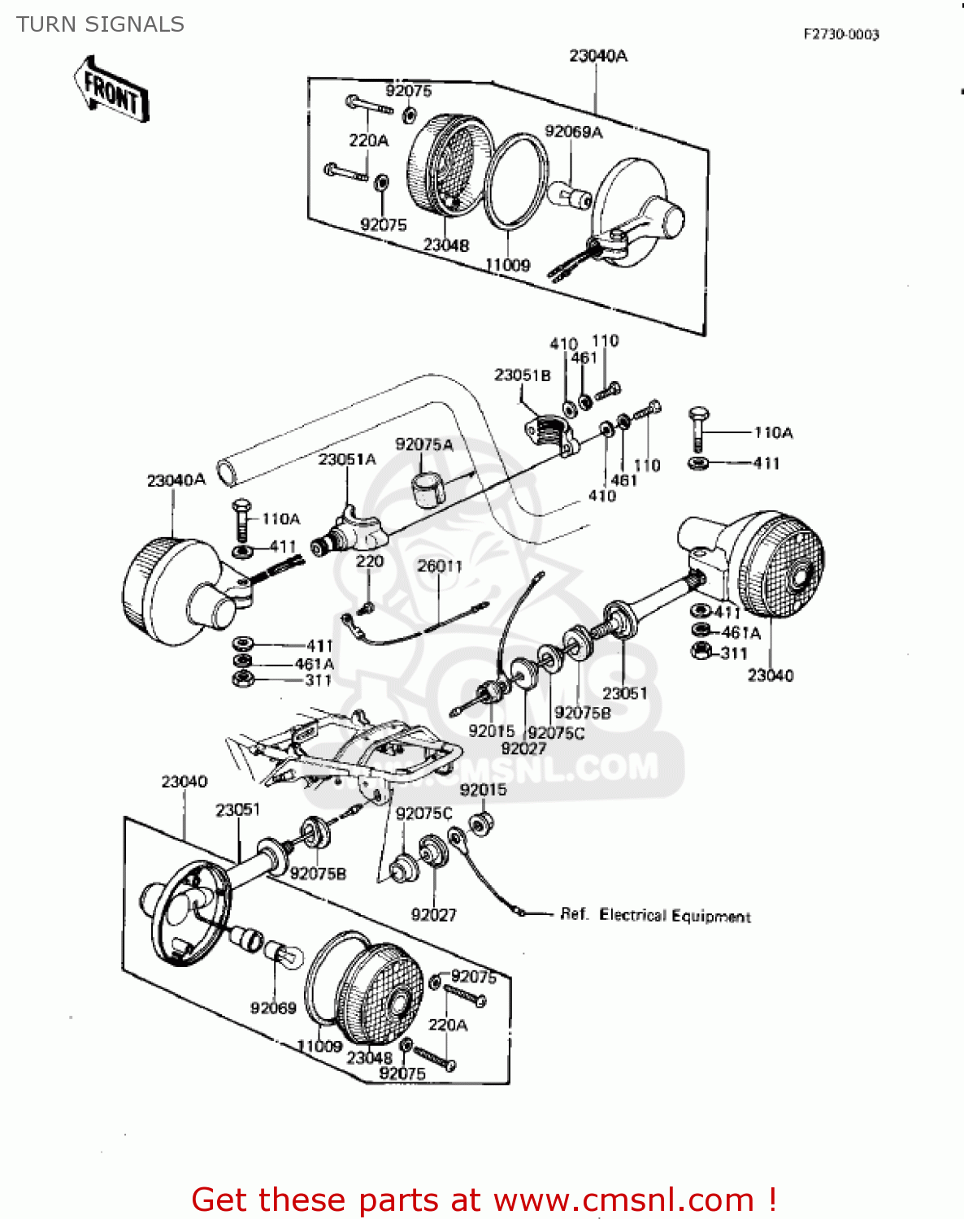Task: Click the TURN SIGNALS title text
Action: (100, 24)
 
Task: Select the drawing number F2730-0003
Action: (840, 34)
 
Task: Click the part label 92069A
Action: (573, 132)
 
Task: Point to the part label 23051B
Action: (522, 375)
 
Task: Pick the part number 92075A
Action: (423, 445)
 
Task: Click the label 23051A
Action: (347, 459)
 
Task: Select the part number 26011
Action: (439, 566)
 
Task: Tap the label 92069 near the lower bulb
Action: (273, 1008)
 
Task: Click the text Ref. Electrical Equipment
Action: (655, 915)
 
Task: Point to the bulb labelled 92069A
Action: (571, 196)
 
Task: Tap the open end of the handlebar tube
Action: (226, 472)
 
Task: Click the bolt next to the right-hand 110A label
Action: (698, 427)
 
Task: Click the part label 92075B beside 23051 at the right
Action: (582, 713)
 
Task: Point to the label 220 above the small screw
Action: (369, 561)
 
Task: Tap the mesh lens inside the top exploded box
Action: (449, 167)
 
